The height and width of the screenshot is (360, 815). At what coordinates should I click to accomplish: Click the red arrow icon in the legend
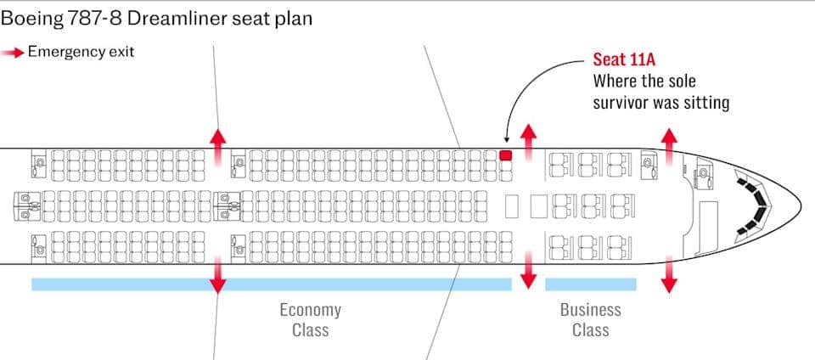click(13, 52)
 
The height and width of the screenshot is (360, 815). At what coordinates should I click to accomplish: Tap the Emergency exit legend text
click(81, 51)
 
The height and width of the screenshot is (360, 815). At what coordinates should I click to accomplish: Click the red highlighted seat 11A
click(506, 155)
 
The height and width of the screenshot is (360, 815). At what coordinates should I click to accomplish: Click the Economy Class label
click(310, 319)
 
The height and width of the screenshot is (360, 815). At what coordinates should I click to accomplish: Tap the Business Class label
click(590, 319)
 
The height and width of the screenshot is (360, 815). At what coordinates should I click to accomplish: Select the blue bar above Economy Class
click(272, 284)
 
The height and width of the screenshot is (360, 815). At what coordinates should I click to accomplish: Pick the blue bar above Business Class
click(590, 284)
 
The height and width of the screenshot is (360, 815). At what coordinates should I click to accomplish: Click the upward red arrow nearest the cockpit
click(670, 142)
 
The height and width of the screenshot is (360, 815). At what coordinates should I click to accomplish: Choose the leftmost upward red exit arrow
click(218, 142)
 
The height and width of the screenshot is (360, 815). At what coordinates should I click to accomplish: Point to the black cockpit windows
click(756, 205)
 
